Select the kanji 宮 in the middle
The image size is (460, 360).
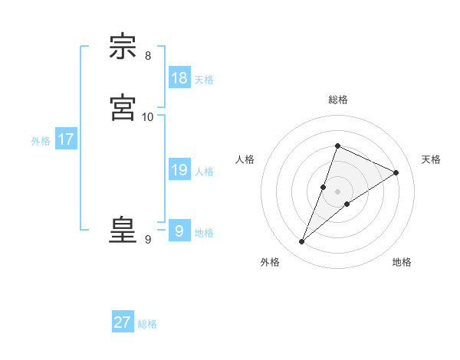[123, 107]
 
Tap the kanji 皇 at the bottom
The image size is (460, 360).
[123, 230]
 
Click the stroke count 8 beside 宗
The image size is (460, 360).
[148, 56]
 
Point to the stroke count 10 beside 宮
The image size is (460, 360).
[148, 116]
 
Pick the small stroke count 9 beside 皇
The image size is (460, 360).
[148, 240]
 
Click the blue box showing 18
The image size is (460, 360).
[179, 78]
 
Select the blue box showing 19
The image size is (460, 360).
[179, 170]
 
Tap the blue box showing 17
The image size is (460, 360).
[66, 139]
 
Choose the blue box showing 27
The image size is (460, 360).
[123, 322]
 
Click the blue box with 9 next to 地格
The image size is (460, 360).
[179, 231]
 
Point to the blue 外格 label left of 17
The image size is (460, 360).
[41, 141]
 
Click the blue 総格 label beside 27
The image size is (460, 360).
[147, 324]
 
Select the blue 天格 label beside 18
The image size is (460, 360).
[204, 80]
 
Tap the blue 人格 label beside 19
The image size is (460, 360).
[204, 172]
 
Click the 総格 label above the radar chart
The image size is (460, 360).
[338, 100]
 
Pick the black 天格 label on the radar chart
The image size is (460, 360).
[431, 159]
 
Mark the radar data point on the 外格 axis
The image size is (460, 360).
[302, 242]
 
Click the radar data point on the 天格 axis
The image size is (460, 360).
[396, 172]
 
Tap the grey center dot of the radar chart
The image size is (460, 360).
[338, 191]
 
